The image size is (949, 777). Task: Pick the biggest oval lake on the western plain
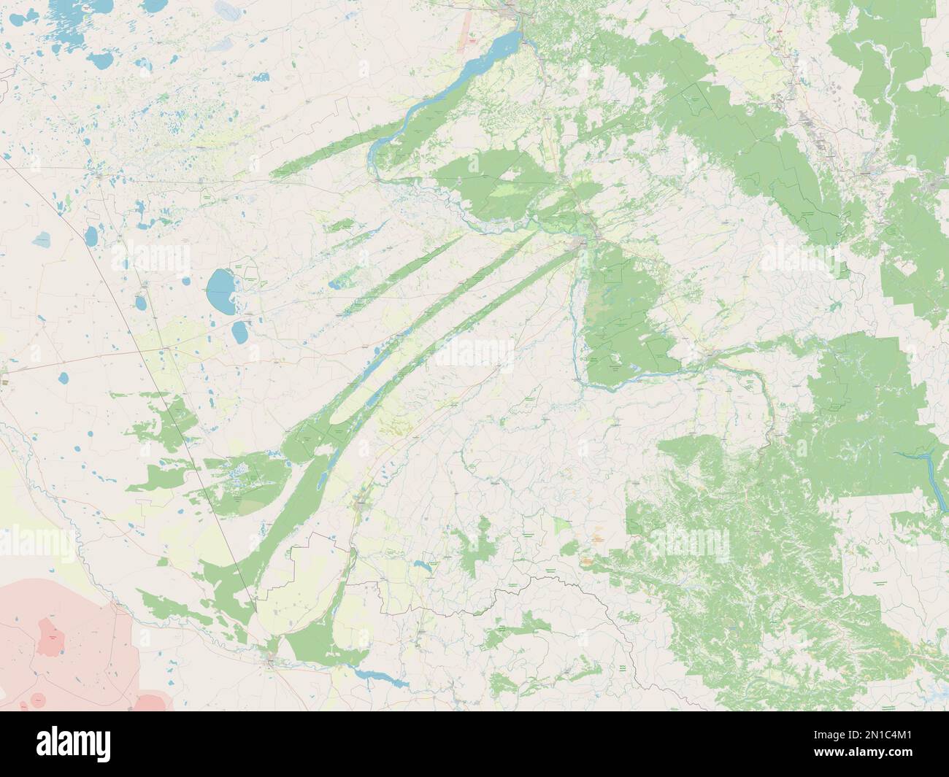(x=218, y=289)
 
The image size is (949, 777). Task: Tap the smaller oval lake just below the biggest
(x=239, y=332)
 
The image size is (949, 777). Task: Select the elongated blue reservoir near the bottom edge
(x=380, y=679)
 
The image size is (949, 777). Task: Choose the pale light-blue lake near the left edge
(x=43, y=239)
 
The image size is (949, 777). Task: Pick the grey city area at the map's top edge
(x=511, y=9)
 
